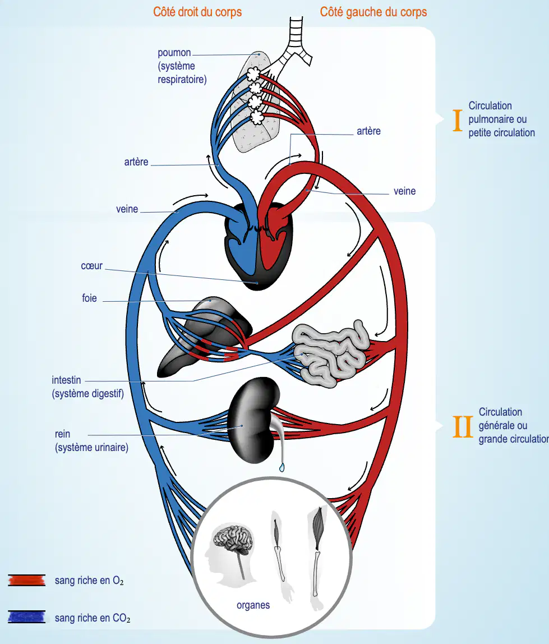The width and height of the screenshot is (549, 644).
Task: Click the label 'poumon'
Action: (x=174, y=53)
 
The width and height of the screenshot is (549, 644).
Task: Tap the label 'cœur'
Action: (x=91, y=266)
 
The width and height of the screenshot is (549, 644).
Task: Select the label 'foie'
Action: (x=90, y=298)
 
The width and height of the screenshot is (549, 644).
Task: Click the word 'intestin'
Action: (x=66, y=380)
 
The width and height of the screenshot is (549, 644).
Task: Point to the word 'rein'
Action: (x=62, y=434)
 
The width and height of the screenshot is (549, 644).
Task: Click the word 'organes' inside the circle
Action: (x=253, y=605)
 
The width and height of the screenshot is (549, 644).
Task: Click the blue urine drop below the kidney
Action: (x=282, y=467)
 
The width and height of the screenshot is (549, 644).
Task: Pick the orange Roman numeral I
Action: (x=458, y=121)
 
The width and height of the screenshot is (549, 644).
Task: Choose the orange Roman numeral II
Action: (x=463, y=427)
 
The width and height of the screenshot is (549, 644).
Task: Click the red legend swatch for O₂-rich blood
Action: (x=27, y=580)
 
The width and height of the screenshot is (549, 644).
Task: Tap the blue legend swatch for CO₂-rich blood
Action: (x=27, y=617)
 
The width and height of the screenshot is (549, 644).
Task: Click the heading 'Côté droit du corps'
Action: (x=197, y=12)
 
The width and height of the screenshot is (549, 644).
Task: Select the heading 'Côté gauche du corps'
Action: (x=373, y=12)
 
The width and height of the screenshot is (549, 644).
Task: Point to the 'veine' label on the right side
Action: (x=404, y=191)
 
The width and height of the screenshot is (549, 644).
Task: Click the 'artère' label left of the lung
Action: (x=136, y=162)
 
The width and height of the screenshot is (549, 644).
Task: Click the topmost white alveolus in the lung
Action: (x=253, y=74)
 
